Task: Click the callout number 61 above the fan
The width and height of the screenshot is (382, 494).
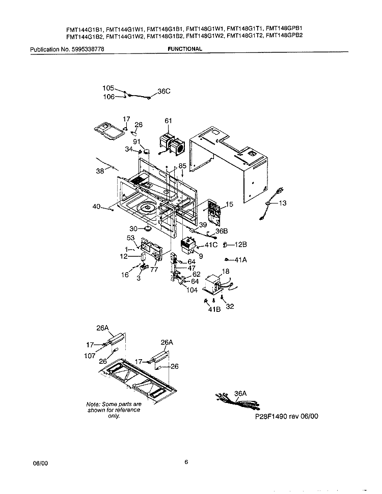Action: (168, 121)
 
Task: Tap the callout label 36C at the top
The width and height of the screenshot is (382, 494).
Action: (164, 92)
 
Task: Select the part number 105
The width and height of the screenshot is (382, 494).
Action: (108, 89)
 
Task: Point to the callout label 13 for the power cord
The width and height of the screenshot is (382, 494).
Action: (282, 203)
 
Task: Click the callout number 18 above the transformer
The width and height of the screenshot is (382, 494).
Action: (226, 273)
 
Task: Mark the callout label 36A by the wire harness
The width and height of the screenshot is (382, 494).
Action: (240, 393)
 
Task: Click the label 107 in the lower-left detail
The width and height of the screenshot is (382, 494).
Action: (91, 356)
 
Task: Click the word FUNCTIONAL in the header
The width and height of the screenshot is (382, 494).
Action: (184, 49)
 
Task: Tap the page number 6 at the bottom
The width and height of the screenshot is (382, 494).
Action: (186, 462)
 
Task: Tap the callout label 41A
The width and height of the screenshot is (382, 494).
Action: (240, 259)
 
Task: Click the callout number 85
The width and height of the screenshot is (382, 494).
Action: (182, 166)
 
